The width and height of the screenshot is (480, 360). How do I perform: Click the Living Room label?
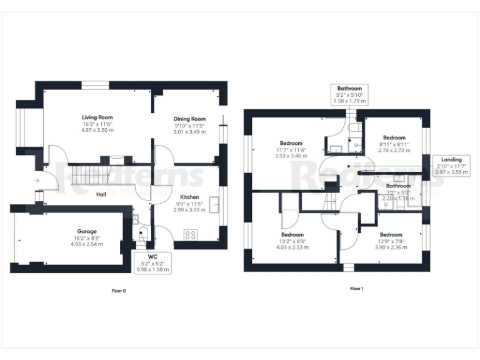(x=97, y=117)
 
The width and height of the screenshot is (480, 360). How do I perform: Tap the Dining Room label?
(x=189, y=119)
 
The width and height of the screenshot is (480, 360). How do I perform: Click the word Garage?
(x=87, y=231)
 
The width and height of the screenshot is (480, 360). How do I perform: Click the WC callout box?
(x=152, y=262)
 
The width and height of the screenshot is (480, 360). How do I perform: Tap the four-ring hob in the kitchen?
(x=191, y=235)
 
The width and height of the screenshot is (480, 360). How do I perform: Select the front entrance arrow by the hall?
(x=37, y=181)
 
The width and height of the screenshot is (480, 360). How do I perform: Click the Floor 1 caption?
(x=356, y=289)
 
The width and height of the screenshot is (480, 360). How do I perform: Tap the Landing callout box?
(x=451, y=166)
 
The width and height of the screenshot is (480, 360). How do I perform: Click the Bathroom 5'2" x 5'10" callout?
(x=349, y=94)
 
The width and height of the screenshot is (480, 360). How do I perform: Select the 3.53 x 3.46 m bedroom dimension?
(x=291, y=156)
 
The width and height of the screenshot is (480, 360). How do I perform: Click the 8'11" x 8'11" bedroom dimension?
(x=394, y=144)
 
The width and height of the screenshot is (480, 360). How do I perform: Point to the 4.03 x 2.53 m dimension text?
(x=293, y=247)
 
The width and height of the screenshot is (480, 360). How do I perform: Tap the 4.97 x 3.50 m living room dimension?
(x=97, y=130)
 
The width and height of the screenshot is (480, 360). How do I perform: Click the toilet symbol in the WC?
(x=142, y=234)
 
